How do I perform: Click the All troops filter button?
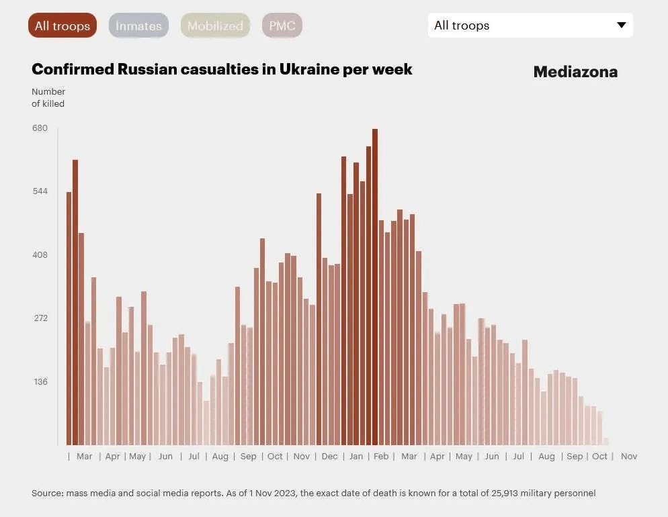coord(62,26)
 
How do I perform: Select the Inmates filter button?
coord(138,26)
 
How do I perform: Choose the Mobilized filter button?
coord(215,26)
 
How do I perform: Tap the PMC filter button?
coord(282,26)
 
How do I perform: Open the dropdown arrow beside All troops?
coord(622,26)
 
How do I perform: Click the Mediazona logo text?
coord(575,72)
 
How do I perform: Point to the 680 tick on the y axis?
coord(40,128)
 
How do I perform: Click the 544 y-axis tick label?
coord(40,191)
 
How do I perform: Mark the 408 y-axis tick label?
coord(40,255)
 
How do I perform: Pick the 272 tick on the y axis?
coord(40,318)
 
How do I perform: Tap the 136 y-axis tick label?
coord(40,382)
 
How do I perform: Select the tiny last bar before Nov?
coord(606,441)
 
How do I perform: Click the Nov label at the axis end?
coord(629,457)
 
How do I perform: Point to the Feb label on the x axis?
coord(381,457)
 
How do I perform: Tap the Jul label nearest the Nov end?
coord(518,457)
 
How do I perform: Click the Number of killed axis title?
coord(48,97)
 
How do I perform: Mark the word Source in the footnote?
coord(47,493)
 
